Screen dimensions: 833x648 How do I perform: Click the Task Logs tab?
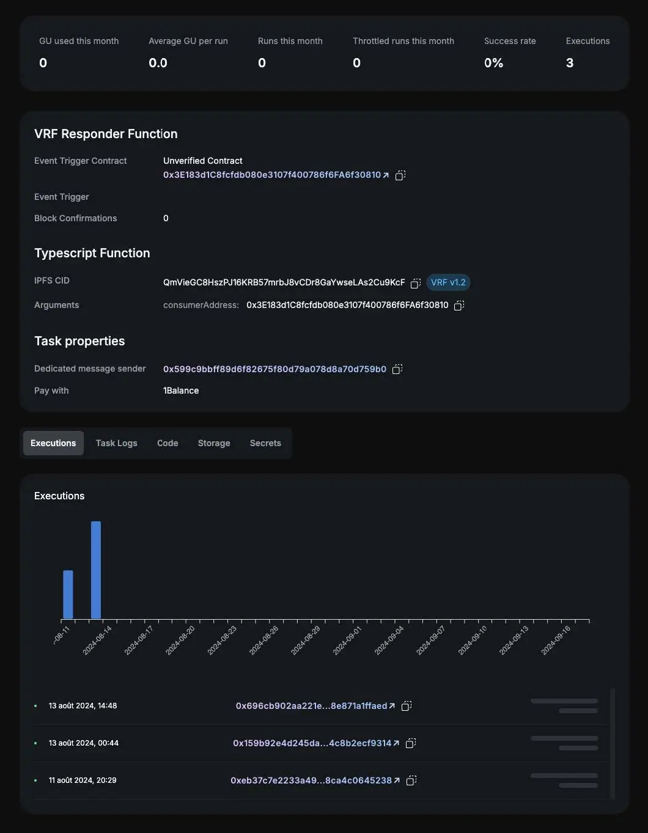116,443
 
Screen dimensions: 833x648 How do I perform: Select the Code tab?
168,443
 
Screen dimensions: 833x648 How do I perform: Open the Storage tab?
214,443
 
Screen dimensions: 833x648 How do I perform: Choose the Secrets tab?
265,443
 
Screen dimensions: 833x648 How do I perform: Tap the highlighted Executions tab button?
53,443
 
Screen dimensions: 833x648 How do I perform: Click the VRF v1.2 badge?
448,282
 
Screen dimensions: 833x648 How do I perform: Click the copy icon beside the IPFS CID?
416,283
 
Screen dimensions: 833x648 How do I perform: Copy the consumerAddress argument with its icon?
459,305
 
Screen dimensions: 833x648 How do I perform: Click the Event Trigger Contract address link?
272,175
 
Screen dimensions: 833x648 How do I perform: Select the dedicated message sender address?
274,369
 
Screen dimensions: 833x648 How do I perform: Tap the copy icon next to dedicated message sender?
397,369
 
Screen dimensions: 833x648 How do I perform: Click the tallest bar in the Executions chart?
96,570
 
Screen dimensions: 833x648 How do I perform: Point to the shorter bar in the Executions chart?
68,594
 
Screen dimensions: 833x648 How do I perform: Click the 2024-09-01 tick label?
347,640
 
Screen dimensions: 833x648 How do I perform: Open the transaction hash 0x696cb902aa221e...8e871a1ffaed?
312,706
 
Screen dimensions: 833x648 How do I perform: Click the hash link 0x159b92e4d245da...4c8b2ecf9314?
312,743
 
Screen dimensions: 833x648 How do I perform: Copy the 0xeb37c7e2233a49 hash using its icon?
411,780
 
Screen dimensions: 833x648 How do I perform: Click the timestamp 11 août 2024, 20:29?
83,780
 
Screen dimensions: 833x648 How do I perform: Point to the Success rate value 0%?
493,63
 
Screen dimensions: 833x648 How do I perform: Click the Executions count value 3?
570,63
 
